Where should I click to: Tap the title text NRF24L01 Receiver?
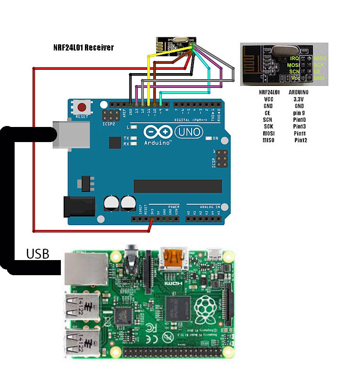[x=84, y=48]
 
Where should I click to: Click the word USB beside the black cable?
[x=38, y=254]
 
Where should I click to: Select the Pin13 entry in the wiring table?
[x=300, y=126]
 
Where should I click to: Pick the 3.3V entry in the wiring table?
[x=298, y=100]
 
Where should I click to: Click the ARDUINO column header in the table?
[x=298, y=93]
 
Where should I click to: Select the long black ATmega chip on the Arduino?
[x=177, y=186]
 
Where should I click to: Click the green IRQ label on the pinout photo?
[x=295, y=58]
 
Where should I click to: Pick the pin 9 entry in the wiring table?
[x=298, y=113]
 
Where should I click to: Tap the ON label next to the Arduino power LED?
[x=216, y=138]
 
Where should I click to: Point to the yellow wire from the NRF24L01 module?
[x=150, y=78]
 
